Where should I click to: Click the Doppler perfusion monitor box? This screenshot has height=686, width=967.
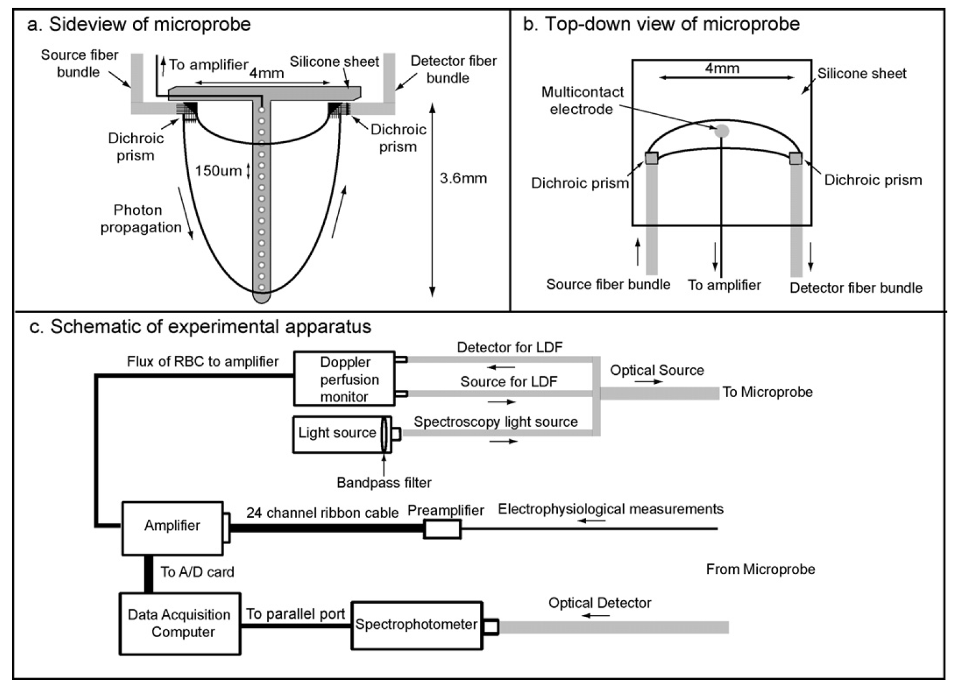pos(344,379)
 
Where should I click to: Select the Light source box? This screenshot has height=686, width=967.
pos(337,433)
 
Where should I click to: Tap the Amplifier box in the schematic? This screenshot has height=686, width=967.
pos(172,526)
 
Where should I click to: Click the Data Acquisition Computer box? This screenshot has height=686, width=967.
pos(179,623)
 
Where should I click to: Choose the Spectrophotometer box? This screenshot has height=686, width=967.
pos(416,625)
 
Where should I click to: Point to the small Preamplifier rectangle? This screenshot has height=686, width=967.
pos(442,529)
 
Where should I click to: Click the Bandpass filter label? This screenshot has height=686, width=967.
pos(384,482)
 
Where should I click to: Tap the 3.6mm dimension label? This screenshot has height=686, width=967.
pos(463,178)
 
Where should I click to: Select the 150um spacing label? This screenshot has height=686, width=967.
pos(218,171)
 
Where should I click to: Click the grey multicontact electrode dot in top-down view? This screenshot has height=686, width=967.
pos(721,131)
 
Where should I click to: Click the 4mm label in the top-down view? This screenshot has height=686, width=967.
pos(722,68)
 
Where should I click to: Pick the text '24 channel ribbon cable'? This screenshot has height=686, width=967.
pos(322,513)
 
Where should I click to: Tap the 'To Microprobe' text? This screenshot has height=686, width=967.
pos(767,392)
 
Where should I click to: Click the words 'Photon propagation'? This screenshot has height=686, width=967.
pos(140,219)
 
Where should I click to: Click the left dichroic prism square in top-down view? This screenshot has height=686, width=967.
pos(651,159)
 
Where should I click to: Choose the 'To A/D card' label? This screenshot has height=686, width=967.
pos(197,572)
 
